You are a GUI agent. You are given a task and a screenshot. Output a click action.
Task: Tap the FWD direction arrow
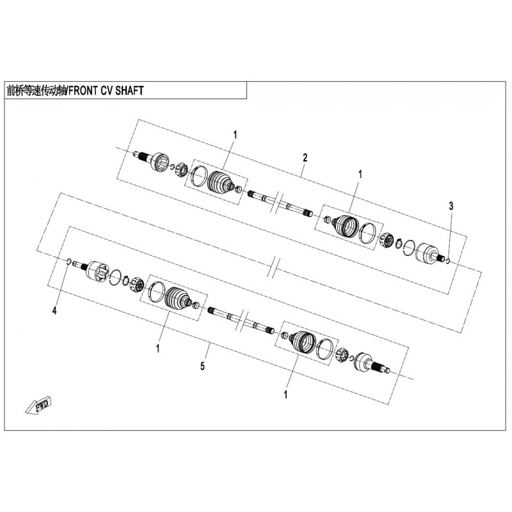[x=39, y=406]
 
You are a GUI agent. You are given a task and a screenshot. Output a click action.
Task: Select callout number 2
[x=305, y=158]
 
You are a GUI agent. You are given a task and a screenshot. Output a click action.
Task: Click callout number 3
[x=451, y=206]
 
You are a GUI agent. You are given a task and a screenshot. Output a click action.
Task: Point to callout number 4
[x=54, y=310]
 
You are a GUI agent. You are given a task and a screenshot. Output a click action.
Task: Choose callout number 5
[x=202, y=366]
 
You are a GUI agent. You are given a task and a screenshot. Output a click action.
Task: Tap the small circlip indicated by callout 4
[x=68, y=260]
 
